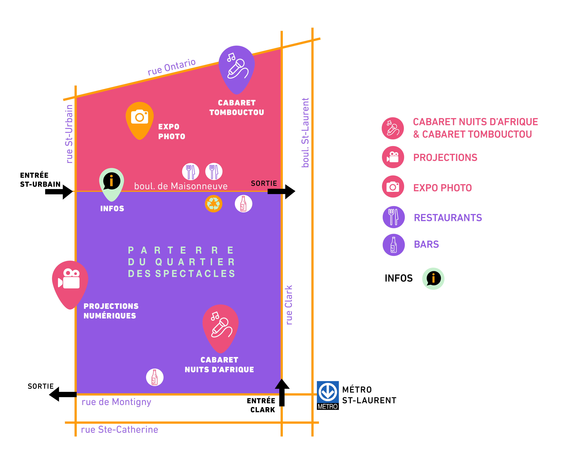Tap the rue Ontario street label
click(x=172, y=67)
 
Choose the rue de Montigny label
click(x=116, y=402)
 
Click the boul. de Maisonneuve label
click(x=181, y=186)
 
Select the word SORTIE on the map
click(x=264, y=183)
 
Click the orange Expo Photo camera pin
click(x=140, y=119)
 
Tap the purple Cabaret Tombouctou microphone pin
click(x=237, y=67)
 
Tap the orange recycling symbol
click(x=213, y=204)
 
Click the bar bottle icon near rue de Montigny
click(x=155, y=377)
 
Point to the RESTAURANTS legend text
click(x=448, y=218)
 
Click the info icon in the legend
click(x=433, y=278)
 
